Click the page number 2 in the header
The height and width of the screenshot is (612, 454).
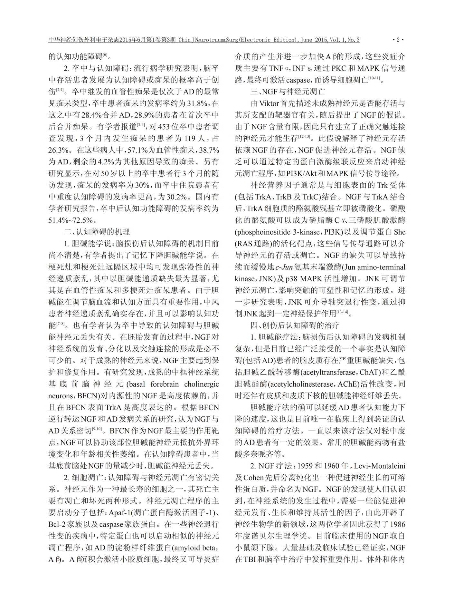click(x=398, y=40)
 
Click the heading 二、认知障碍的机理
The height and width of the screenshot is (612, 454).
click(x=97, y=232)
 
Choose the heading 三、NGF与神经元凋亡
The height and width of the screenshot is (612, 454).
click(x=288, y=92)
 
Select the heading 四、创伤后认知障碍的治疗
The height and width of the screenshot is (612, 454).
click(x=295, y=325)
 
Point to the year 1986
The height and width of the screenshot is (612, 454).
click(x=397, y=524)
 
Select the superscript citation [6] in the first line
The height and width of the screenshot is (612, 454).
click(x=105, y=55)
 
